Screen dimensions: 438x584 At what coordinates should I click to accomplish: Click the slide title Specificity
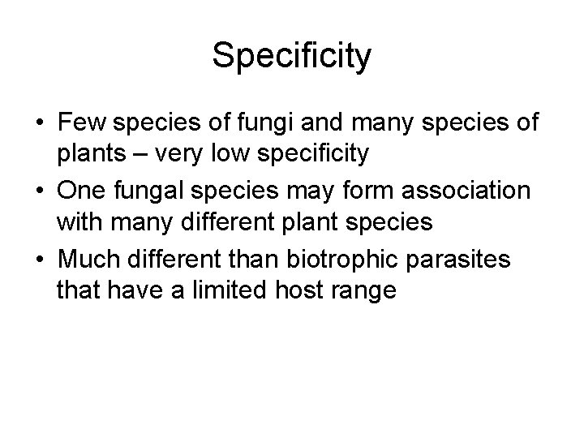point(292,56)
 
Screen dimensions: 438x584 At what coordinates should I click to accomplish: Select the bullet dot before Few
point(39,124)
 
